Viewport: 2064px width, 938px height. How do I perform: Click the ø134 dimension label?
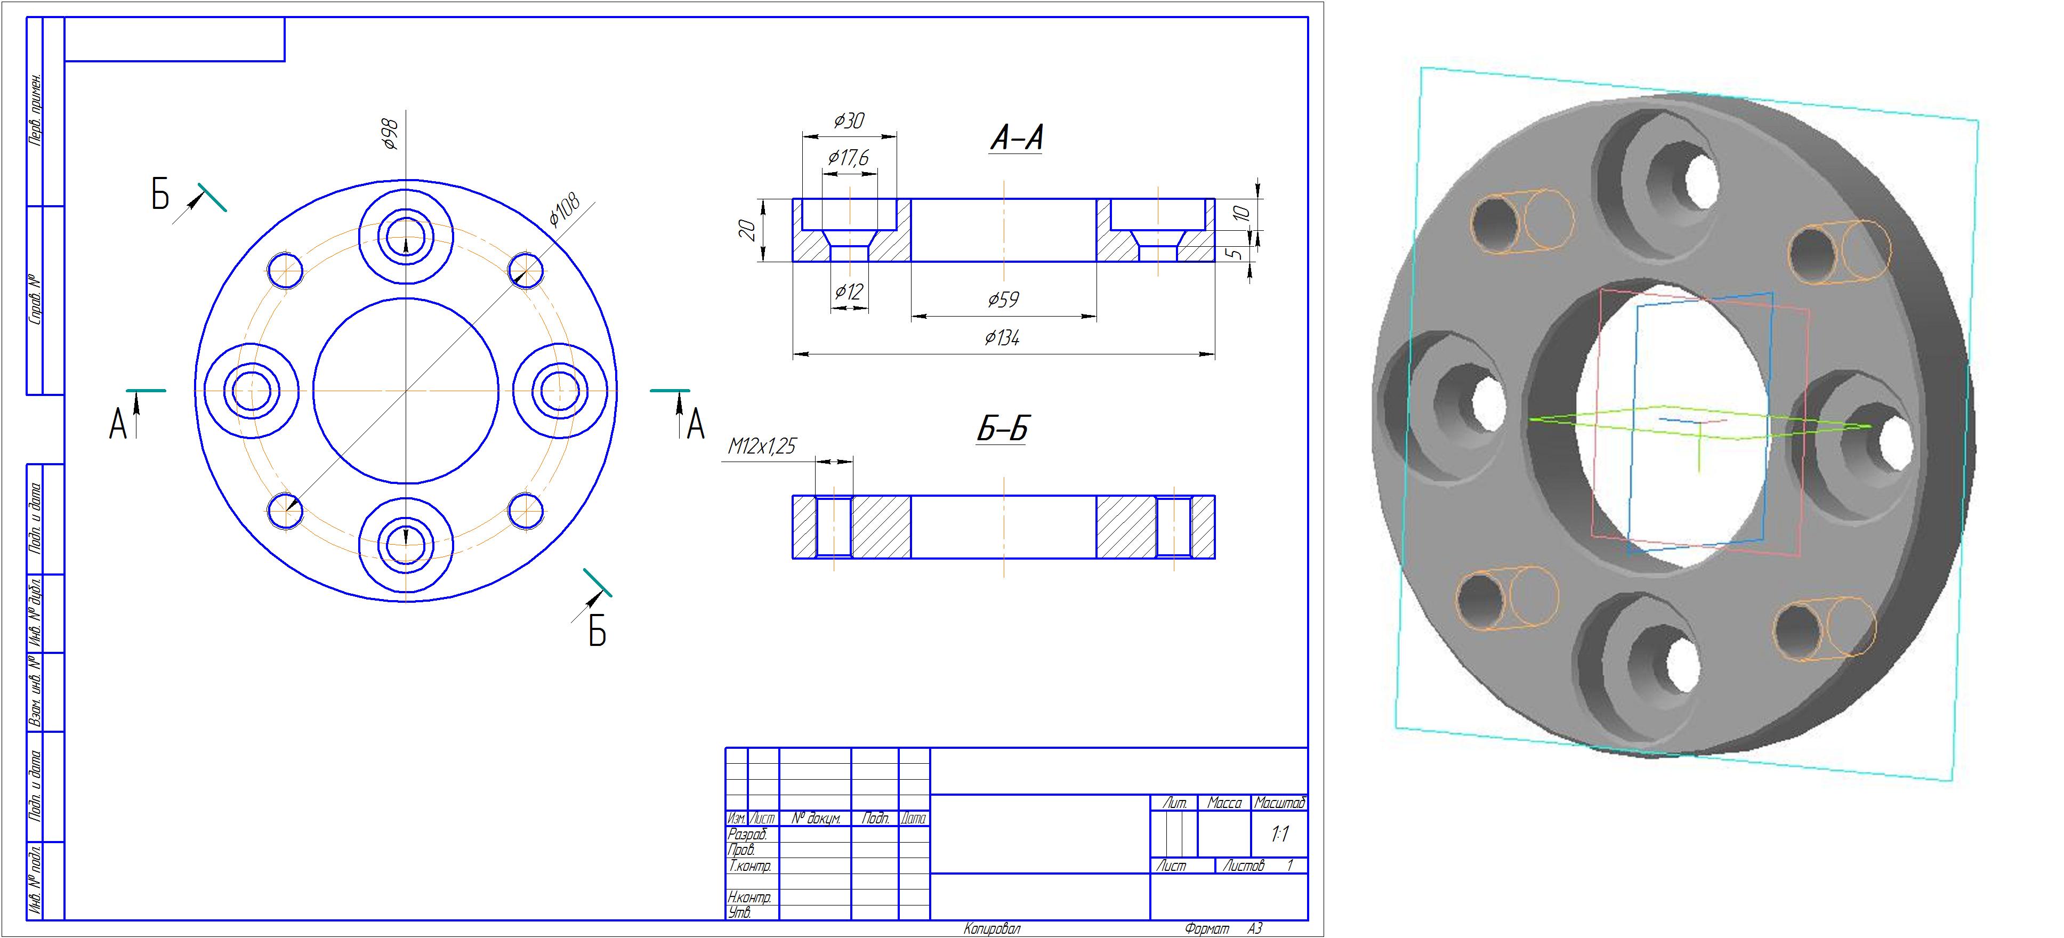1002,338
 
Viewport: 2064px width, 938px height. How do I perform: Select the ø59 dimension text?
1003,300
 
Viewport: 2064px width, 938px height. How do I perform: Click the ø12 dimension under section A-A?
849,292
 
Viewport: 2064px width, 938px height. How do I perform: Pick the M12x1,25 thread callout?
762,446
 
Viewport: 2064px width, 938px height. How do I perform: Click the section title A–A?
1017,138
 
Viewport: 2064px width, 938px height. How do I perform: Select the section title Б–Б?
1002,428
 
